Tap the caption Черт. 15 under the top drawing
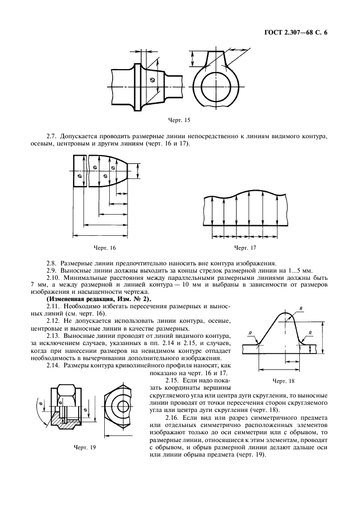click(179, 120)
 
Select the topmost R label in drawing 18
click(301, 309)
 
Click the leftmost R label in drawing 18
click(251, 333)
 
